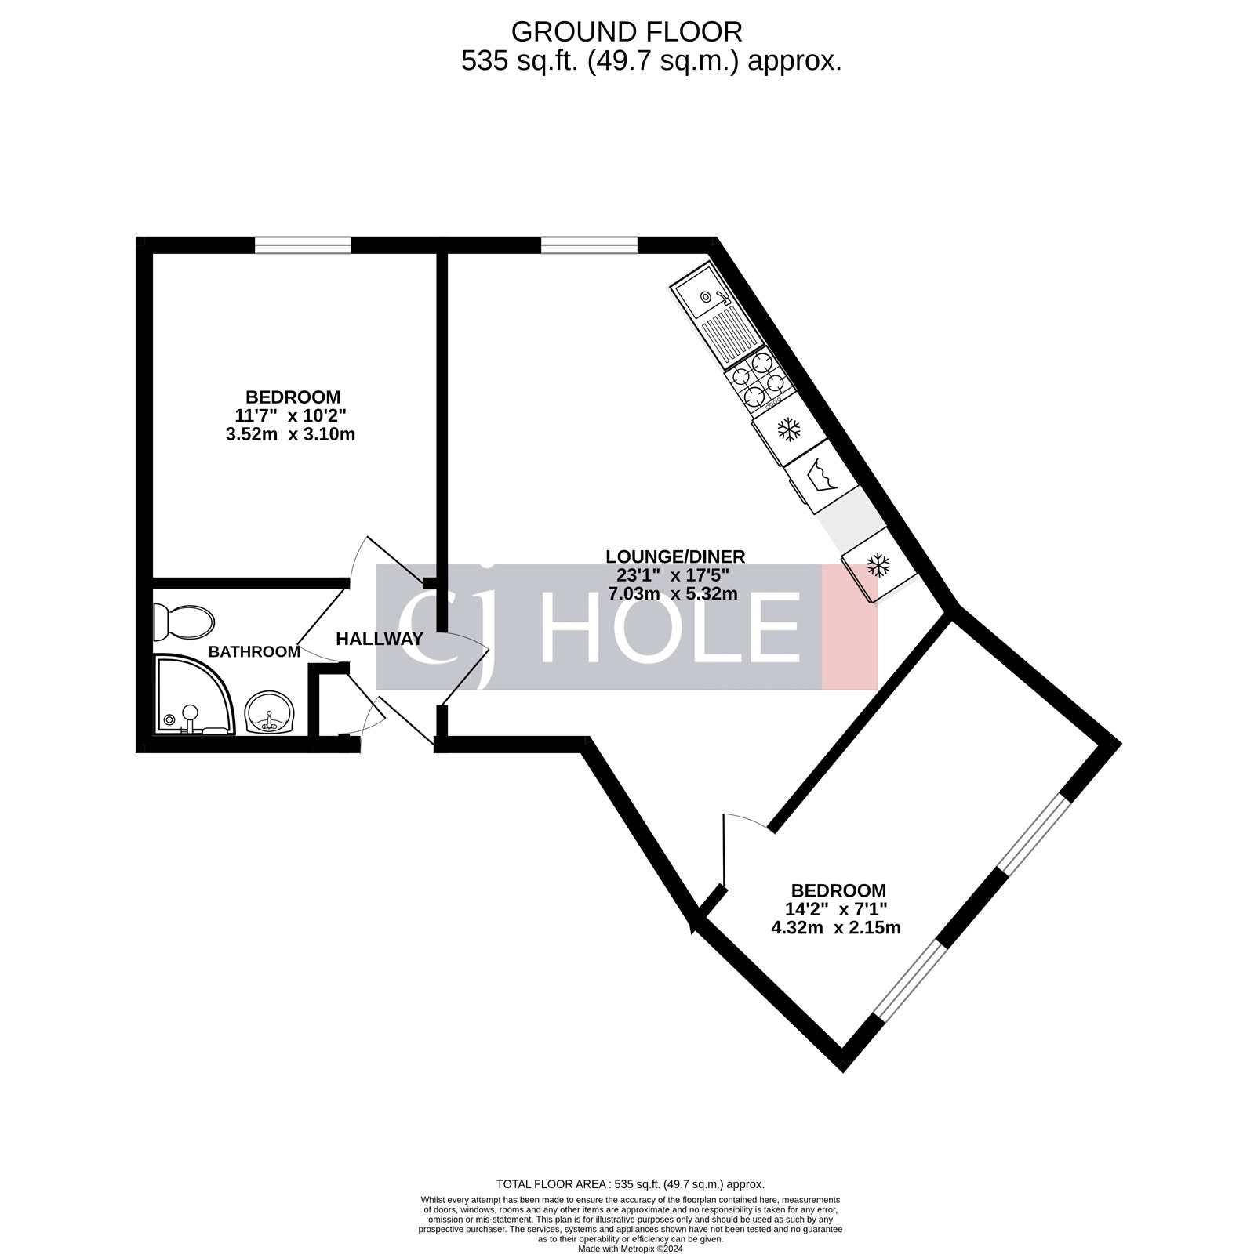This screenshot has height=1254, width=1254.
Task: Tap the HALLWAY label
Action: [x=380, y=640]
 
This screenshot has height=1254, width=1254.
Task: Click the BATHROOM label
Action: [x=254, y=652]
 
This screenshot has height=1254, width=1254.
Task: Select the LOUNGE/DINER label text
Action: [x=675, y=557]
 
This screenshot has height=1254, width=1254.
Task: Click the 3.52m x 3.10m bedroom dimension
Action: [x=290, y=433]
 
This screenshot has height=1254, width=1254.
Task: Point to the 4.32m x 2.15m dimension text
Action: [x=836, y=928]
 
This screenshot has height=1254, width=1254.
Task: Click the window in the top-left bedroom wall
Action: [x=303, y=245]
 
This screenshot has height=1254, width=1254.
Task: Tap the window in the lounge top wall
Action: [x=589, y=245]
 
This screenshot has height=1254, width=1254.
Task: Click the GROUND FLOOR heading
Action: [x=627, y=32]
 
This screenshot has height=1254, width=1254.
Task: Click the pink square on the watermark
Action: [x=849, y=627]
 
